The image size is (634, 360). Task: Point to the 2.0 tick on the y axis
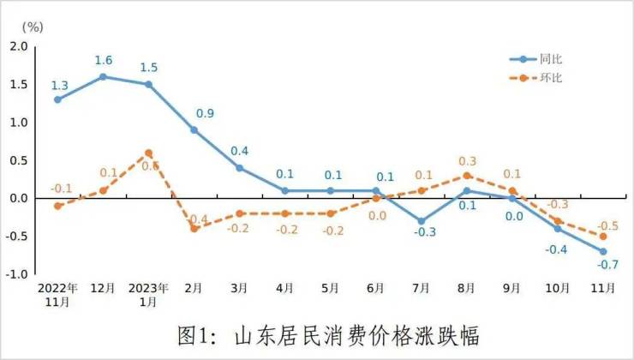18,46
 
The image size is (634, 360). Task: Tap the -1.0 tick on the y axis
17,274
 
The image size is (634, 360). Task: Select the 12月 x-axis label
103,288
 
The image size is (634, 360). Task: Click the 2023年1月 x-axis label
148,295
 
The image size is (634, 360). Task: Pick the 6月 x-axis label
377,288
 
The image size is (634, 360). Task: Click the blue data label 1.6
103,61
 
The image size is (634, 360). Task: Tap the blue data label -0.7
607,266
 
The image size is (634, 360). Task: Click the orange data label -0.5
607,221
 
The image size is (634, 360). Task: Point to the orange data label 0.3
469,161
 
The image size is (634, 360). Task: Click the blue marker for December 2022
103,76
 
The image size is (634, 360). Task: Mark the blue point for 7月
422,221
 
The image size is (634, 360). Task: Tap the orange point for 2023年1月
148,153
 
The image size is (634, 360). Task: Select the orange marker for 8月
468,176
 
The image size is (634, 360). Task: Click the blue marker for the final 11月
604,251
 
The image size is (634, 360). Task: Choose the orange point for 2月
194,229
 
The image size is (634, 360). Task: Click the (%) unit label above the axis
31,26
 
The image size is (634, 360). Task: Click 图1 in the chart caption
194,333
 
